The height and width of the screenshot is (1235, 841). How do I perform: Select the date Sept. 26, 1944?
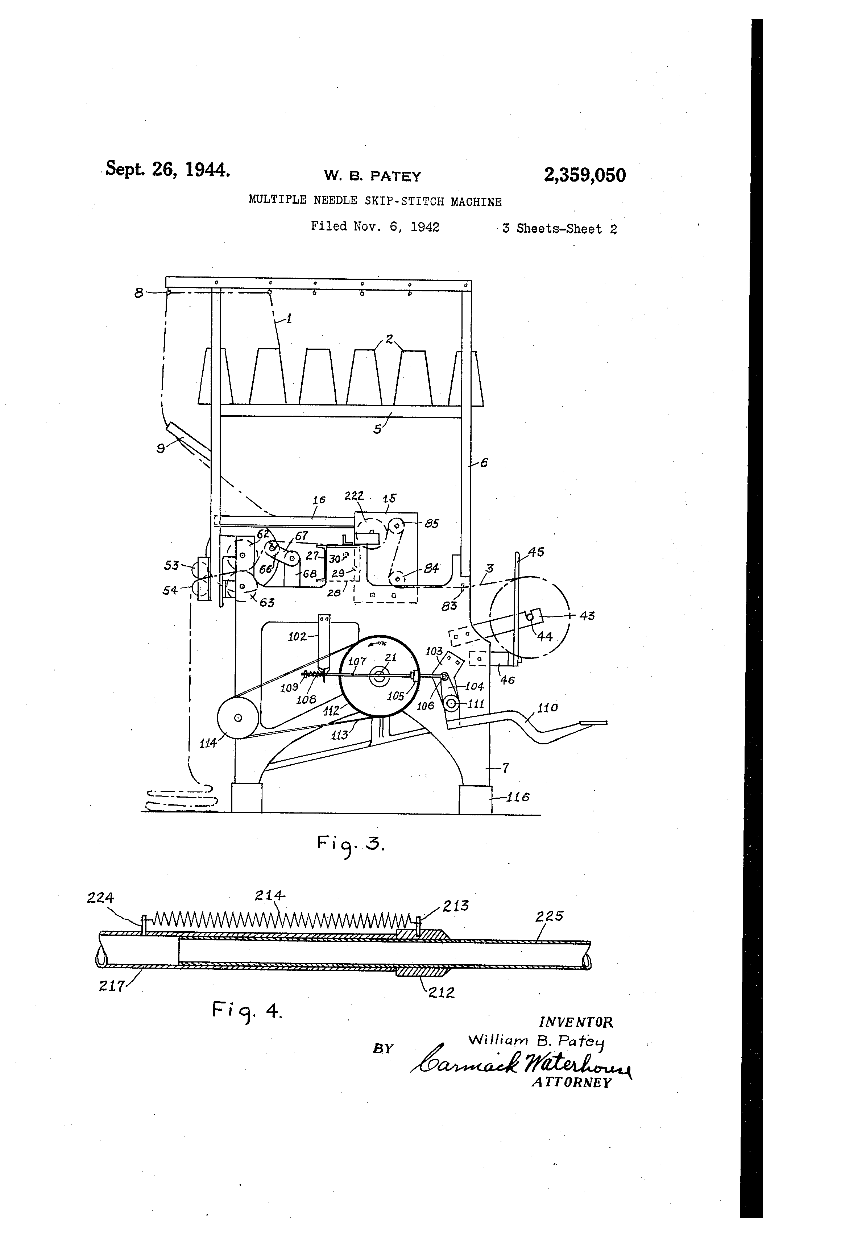[x=168, y=169]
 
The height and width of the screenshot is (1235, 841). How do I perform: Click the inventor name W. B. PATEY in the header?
[x=373, y=176]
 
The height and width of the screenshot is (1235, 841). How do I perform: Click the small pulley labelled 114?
[x=238, y=718]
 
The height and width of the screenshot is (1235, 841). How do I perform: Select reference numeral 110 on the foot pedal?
[x=547, y=707]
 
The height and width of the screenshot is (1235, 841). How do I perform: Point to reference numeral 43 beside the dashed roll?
[x=587, y=616]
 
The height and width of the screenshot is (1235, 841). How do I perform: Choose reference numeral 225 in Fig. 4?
[x=549, y=916]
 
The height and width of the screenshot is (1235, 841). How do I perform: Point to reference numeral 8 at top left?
[x=139, y=292]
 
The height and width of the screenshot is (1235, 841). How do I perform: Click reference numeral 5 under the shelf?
[x=377, y=428]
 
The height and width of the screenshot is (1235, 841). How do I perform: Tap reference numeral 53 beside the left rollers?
[x=171, y=565]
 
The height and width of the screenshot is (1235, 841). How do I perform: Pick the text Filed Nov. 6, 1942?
[x=375, y=227]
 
